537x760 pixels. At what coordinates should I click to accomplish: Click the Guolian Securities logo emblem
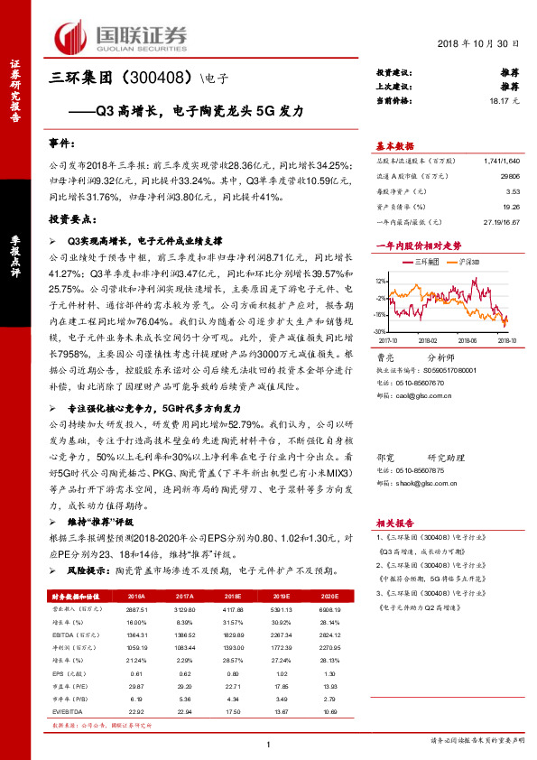[74, 34]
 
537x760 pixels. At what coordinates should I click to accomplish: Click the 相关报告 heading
[394, 524]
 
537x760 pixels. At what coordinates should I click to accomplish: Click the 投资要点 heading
[72, 219]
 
